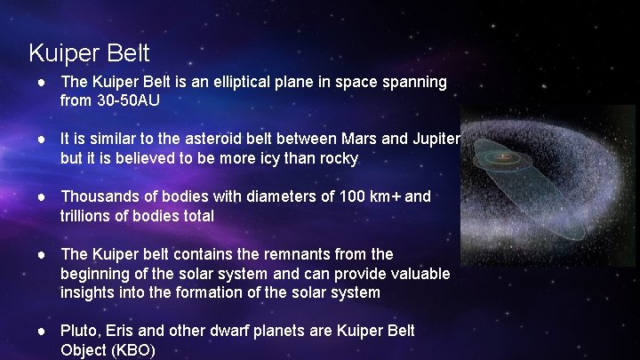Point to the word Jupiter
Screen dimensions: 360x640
tap(432, 140)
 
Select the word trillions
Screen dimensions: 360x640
tap(88, 215)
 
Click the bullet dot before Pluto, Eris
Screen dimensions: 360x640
tap(42, 331)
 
